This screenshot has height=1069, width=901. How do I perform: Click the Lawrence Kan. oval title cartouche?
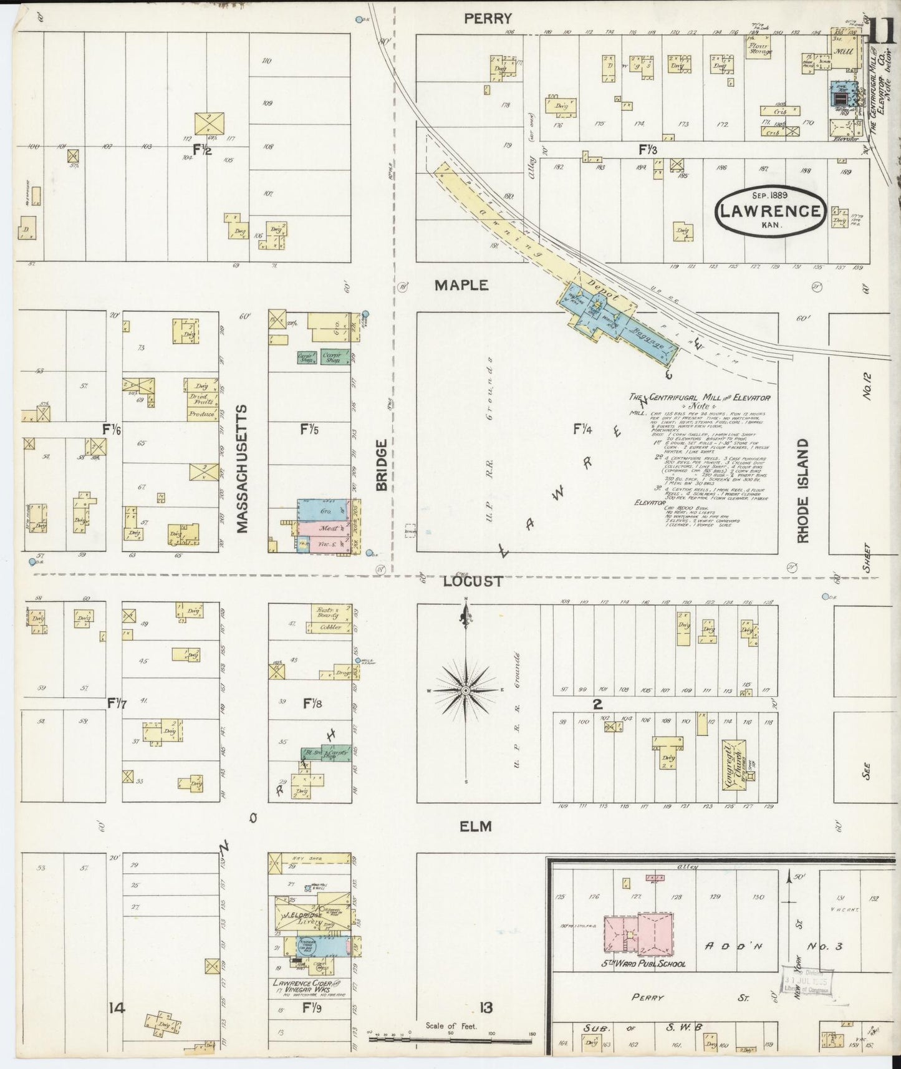[x=770, y=211]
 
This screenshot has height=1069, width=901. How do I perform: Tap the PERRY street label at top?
[x=488, y=19]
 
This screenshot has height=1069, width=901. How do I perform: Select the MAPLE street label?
[x=461, y=285]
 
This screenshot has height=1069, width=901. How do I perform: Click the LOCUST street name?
[x=473, y=581]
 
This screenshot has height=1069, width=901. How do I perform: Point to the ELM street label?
[x=475, y=826]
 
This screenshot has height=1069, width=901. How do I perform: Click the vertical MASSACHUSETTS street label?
[x=242, y=469]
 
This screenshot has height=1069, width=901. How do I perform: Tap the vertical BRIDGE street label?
[x=382, y=465]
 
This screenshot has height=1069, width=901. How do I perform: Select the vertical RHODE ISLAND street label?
[x=802, y=490]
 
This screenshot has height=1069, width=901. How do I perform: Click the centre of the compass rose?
[x=465, y=690]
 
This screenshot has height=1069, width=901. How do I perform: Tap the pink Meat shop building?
[x=324, y=529]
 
